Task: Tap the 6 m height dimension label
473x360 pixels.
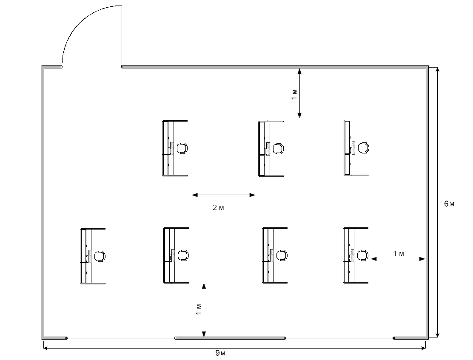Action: click(x=449, y=204)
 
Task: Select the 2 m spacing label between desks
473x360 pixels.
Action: click(x=218, y=207)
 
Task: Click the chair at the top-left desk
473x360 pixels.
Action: click(x=182, y=148)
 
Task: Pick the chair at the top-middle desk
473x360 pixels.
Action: click(x=278, y=148)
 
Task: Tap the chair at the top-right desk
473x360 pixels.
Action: click(x=363, y=148)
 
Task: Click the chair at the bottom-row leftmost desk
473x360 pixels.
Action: click(x=100, y=256)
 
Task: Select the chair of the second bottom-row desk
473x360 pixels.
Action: click(x=183, y=255)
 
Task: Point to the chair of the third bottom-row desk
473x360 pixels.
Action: click(x=281, y=255)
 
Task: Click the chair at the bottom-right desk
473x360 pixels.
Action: click(x=363, y=255)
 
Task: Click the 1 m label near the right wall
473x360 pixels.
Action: click(x=398, y=254)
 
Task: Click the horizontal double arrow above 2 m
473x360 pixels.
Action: click(x=223, y=195)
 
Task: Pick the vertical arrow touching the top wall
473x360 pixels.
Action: click(x=299, y=93)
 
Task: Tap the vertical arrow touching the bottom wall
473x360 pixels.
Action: click(x=204, y=310)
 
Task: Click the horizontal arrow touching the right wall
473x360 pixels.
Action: click(x=398, y=258)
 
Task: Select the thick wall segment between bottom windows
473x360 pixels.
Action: click(x=230, y=338)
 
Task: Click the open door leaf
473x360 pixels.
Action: click(x=122, y=36)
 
